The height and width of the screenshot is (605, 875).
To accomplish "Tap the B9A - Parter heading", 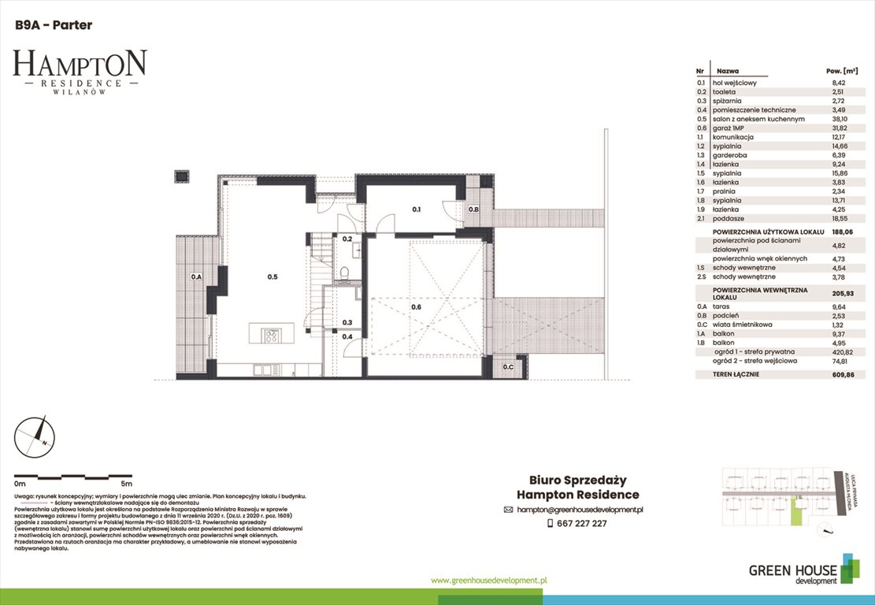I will (54, 25).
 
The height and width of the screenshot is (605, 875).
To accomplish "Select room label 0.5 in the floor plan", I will (273, 277).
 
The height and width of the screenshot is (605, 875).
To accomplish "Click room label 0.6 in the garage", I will (417, 306).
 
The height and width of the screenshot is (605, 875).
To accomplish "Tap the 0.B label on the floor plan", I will (474, 210).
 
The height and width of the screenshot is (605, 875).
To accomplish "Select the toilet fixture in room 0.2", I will (347, 273).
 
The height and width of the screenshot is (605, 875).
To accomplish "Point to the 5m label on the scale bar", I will (127, 483).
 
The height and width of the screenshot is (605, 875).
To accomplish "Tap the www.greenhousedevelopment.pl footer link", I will (489, 580).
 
